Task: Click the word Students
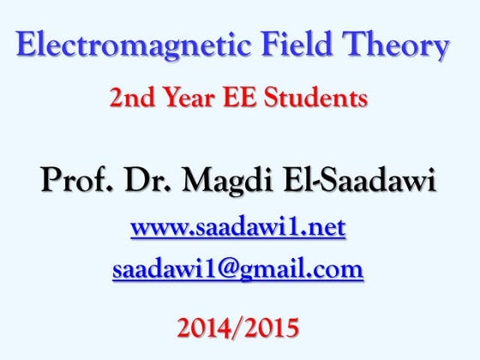(312, 99)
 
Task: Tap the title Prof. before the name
(70, 181)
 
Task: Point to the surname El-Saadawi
(360, 181)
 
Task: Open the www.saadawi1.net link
(238, 228)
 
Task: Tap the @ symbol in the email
(233, 270)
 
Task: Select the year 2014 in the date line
(204, 327)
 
